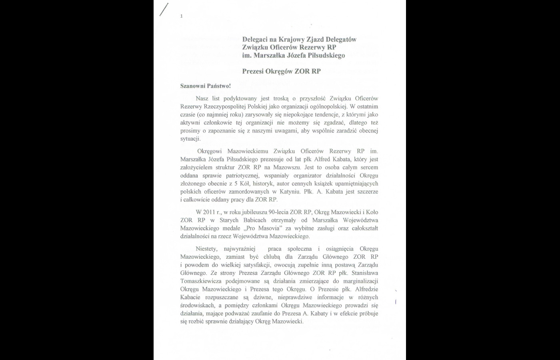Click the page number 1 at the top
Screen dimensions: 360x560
click(x=182, y=16)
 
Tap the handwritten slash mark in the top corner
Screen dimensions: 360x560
click(x=164, y=9)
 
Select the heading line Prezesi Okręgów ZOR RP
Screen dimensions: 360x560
click(x=281, y=71)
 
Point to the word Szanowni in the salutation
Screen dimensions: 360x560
click(x=193, y=86)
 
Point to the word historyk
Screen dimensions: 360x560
click(x=264, y=184)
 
